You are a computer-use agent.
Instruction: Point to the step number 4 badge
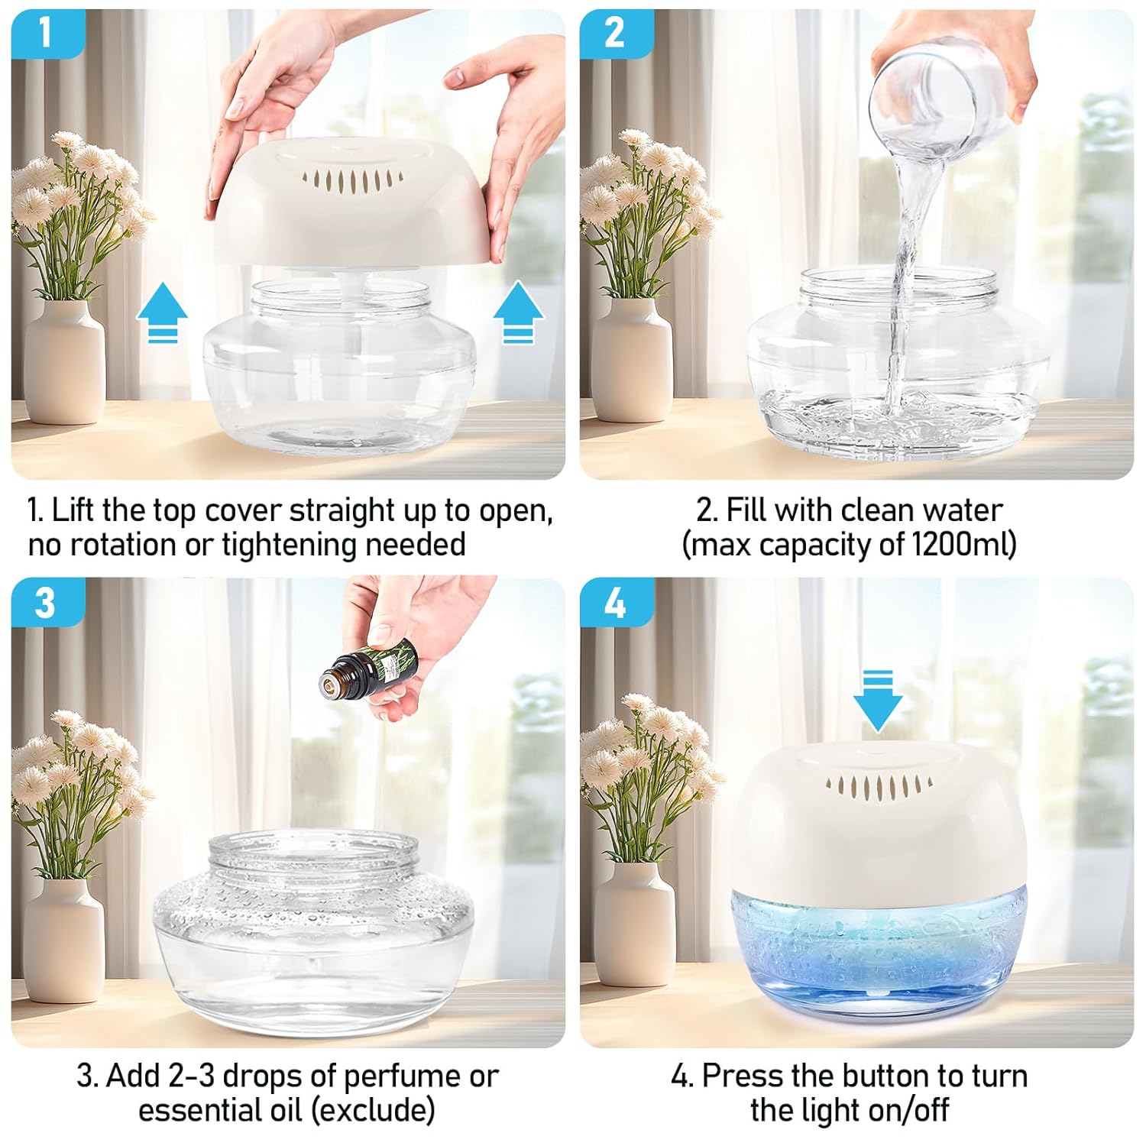pos(616,602)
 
